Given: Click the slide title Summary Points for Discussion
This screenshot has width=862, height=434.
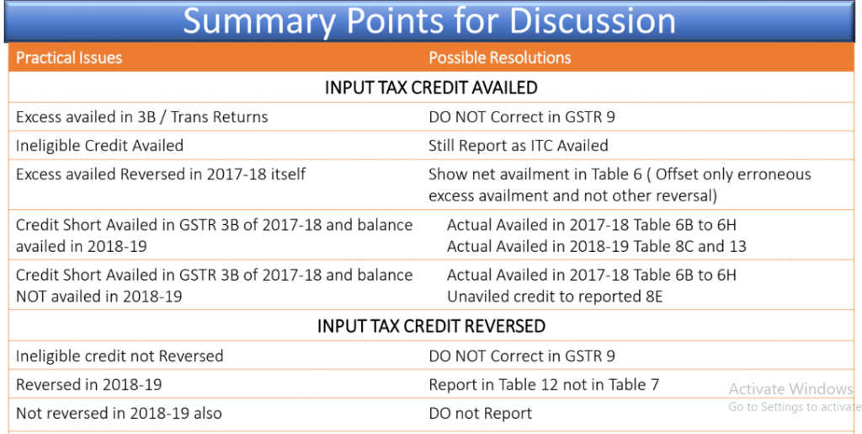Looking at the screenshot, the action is pyautogui.click(x=429, y=21).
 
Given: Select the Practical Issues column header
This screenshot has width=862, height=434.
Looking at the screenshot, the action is pyautogui.click(x=69, y=58).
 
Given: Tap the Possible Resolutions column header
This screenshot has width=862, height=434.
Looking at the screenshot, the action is pyautogui.click(x=500, y=58).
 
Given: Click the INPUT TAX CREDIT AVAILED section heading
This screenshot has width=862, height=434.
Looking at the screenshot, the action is pyautogui.click(x=431, y=88).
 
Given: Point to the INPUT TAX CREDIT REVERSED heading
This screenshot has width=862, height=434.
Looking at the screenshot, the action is pyautogui.click(x=431, y=326).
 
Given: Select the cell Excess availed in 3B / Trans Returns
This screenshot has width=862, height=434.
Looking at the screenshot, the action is pyautogui.click(x=141, y=117).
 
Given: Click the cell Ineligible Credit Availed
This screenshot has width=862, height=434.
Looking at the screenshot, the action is pyautogui.click(x=99, y=146).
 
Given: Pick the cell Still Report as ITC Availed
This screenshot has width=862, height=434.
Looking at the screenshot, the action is pyautogui.click(x=519, y=146).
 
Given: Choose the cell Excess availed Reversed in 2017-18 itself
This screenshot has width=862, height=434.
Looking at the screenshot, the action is pyautogui.click(x=161, y=174).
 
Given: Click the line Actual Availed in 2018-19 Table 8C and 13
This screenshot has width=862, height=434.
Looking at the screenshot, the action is pyautogui.click(x=597, y=246).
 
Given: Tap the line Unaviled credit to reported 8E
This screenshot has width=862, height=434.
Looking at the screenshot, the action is pyautogui.click(x=555, y=297).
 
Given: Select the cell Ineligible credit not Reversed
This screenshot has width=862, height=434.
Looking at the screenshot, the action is pyautogui.click(x=120, y=356).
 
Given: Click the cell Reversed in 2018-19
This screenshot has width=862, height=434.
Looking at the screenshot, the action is pyautogui.click(x=89, y=384).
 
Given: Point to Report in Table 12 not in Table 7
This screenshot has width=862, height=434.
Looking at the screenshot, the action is pyautogui.click(x=544, y=385).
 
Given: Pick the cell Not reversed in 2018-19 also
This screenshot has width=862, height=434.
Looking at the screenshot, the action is pyautogui.click(x=119, y=413).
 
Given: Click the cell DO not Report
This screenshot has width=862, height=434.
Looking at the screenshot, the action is pyautogui.click(x=481, y=414).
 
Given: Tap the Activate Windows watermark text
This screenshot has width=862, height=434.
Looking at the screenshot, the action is pyautogui.click(x=790, y=388).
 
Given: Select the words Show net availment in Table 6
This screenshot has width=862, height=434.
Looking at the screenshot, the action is pyautogui.click(x=535, y=174).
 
